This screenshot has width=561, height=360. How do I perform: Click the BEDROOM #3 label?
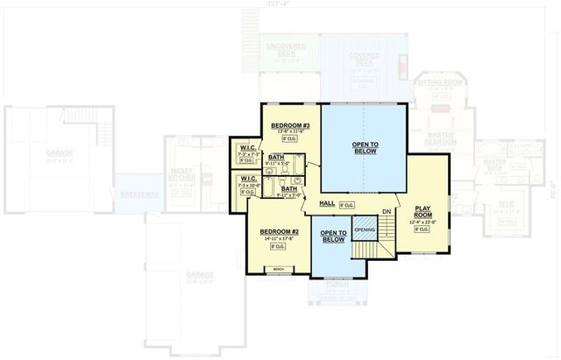pyautogui.click(x=290, y=126)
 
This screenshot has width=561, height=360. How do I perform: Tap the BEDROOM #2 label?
pyautogui.click(x=280, y=231)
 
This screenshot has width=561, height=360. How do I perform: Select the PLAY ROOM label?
pyautogui.click(x=423, y=210)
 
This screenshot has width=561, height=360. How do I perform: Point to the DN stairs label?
pyautogui.click(x=387, y=213)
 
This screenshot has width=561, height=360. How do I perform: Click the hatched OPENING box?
pyautogui.click(x=365, y=230)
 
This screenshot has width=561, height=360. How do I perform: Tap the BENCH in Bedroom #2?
pyautogui.click(x=279, y=269)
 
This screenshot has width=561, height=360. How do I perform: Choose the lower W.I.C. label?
pyautogui.click(x=247, y=178)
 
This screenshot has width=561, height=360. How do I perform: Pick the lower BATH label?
pyautogui.click(x=288, y=187)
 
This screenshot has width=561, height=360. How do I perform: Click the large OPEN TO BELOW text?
pyautogui.click(x=366, y=145)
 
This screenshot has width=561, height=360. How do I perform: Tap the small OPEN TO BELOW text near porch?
pyautogui.click(x=333, y=236)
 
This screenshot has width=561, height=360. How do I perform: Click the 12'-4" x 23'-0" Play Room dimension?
pyautogui.click(x=423, y=222)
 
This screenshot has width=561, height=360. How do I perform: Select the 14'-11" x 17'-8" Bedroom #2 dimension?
pyautogui.click(x=280, y=239)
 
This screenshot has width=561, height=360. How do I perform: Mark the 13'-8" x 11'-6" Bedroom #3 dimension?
pyautogui.click(x=290, y=133)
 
